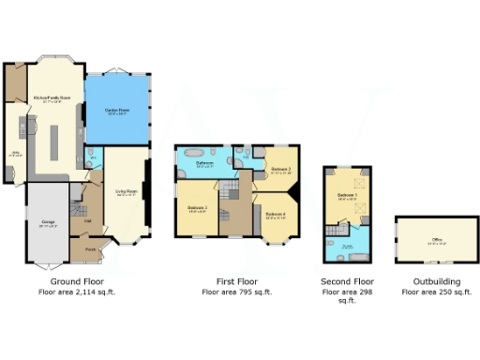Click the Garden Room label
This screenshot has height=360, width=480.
point(116,111)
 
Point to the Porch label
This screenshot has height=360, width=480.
point(91,249)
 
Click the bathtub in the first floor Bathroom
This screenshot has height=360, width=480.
point(195,151)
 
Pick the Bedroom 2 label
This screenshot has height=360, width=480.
point(281,170)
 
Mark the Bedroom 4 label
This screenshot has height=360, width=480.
point(276,215)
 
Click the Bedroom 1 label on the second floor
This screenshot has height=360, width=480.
point(347,195)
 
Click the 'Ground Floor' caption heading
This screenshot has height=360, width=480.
point(77,280)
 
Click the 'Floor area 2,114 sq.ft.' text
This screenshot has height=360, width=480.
point(77,292)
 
